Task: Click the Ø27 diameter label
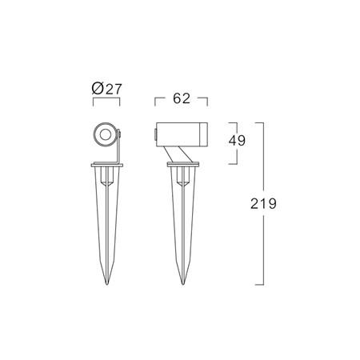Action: [106, 89]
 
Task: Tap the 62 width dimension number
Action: [182, 98]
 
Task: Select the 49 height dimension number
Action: [237, 140]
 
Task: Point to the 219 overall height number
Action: [263, 204]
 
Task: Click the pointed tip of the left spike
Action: [107, 284]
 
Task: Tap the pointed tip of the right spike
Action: [182, 284]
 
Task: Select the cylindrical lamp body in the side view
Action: [182, 134]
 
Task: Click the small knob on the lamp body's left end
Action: [155, 134]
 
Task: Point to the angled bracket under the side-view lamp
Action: [178, 154]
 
